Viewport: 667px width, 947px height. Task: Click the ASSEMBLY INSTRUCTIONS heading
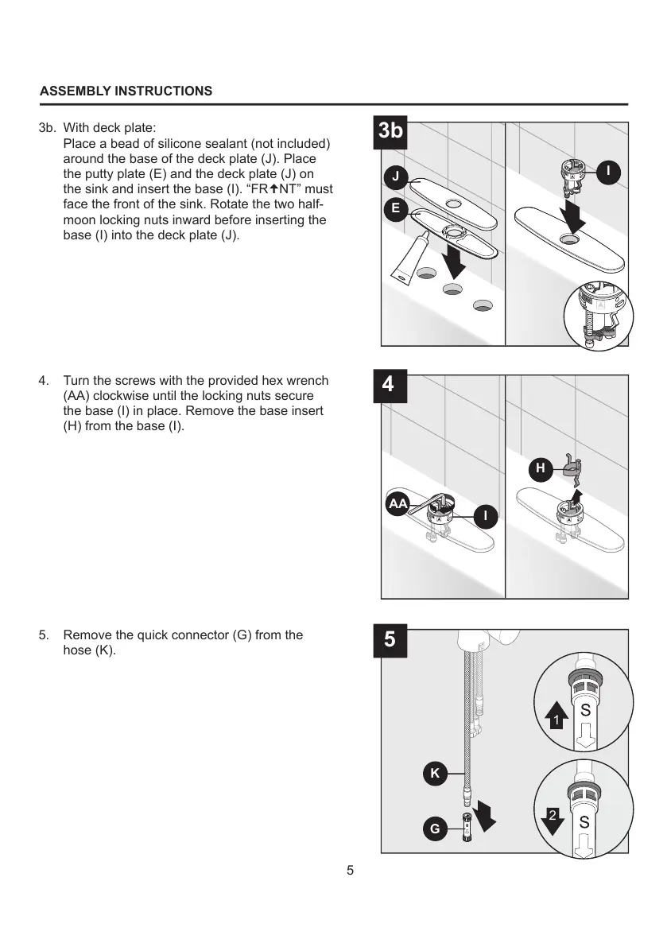tap(126, 91)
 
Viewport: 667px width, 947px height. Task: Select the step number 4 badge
tap(388, 384)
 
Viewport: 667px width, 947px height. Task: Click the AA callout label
tap(397, 504)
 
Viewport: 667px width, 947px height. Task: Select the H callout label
tap(541, 468)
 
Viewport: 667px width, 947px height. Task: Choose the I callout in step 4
tap(485, 516)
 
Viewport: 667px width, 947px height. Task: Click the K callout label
tap(435, 772)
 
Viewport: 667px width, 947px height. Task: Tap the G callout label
tap(435, 829)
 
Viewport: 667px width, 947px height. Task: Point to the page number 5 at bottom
tap(351, 870)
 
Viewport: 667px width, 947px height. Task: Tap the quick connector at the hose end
tap(467, 829)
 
